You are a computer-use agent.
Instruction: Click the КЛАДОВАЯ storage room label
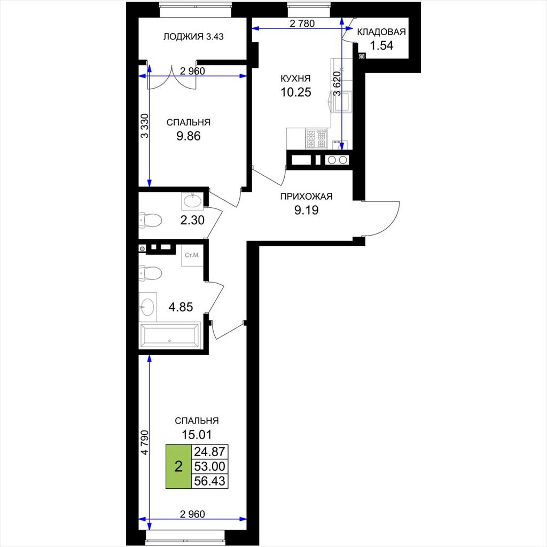pyautogui.click(x=381, y=32)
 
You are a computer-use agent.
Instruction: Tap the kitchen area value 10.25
pyautogui.click(x=296, y=92)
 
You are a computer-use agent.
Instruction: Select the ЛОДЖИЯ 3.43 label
pyautogui.click(x=193, y=36)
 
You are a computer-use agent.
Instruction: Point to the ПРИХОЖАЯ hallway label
pyautogui.click(x=306, y=197)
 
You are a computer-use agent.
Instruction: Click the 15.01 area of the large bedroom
pyautogui.click(x=197, y=435)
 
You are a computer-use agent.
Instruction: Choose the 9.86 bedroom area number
pyautogui.click(x=189, y=136)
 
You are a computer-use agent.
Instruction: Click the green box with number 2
pyautogui.click(x=178, y=466)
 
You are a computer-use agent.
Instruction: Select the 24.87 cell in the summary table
pyautogui.click(x=209, y=452)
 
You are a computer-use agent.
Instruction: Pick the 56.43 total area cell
pyautogui.click(x=209, y=481)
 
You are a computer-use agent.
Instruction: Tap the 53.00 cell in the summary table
pyautogui.click(x=209, y=466)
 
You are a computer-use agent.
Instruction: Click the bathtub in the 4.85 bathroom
pyautogui.click(x=170, y=335)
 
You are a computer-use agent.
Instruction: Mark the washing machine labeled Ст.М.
pyautogui.click(x=192, y=256)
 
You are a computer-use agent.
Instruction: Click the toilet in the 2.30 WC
pyautogui.click(x=150, y=220)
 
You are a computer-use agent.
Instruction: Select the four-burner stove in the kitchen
pyautogui.click(x=316, y=138)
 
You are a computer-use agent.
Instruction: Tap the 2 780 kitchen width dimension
pyautogui.click(x=302, y=24)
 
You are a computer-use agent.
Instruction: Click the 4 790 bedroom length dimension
pyautogui.click(x=144, y=442)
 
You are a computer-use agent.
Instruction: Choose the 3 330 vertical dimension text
pyautogui.click(x=144, y=126)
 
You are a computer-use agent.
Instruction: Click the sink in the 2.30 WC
pyautogui.click(x=192, y=201)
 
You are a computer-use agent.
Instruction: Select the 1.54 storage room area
pyautogui.click(x=381, y=45)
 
